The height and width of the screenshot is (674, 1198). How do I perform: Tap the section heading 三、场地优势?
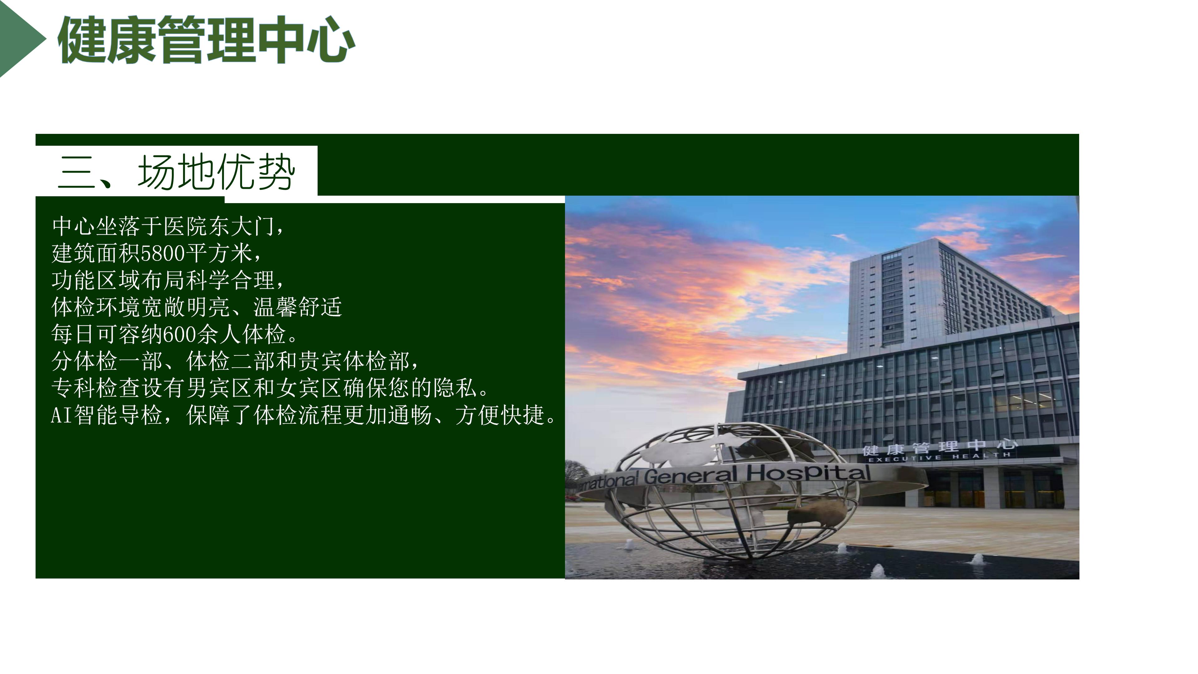click(177, 172)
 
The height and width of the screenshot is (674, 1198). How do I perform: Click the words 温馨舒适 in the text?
click(298, 307)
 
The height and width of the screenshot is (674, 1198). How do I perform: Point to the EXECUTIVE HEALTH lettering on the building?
click(939, 457)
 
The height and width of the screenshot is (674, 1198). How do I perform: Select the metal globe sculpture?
click(735, 491)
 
